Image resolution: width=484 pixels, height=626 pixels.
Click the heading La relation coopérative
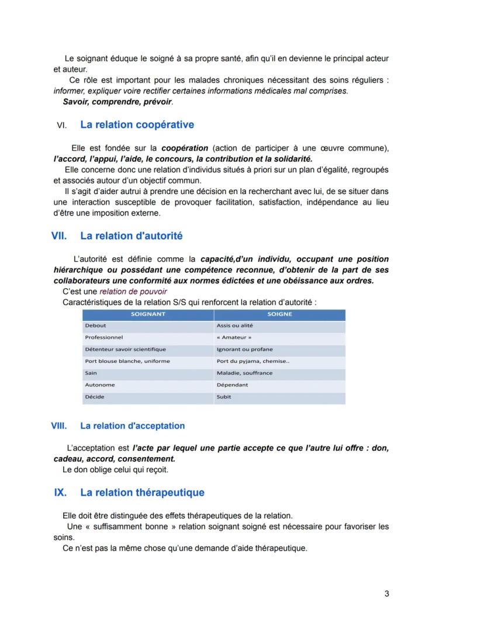click(x=137, y=124)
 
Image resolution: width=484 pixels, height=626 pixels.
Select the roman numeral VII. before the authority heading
click(x=59, y=236)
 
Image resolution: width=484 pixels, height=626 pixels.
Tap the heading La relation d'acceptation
click(x=132, y=426)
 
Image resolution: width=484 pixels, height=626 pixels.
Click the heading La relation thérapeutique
click(x=142, y=492)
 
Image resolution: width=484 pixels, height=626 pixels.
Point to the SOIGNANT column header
click(x=148, y=314)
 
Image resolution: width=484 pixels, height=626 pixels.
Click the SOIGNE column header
click(x=279, y=314)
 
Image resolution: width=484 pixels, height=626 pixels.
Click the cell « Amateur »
click(x=234, y=337)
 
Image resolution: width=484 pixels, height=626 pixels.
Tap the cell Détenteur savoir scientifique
click(x=125, y=349)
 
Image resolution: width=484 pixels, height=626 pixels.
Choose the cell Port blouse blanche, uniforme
click(x=127, y=361)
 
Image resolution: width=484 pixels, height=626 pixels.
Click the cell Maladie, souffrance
click(x=244, y=373)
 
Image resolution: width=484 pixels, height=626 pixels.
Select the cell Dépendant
click(x=232, y=385)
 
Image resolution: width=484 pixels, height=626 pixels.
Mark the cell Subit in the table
click(x=223, y=396)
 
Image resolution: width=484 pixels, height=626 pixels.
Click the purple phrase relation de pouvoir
click(x=133, y=291)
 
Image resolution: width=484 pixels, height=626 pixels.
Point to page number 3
click(x=387, y=594)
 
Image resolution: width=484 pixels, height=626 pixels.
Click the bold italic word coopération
click(x=185, y=148)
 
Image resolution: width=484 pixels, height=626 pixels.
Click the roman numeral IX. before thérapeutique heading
click(x=60, y=492)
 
